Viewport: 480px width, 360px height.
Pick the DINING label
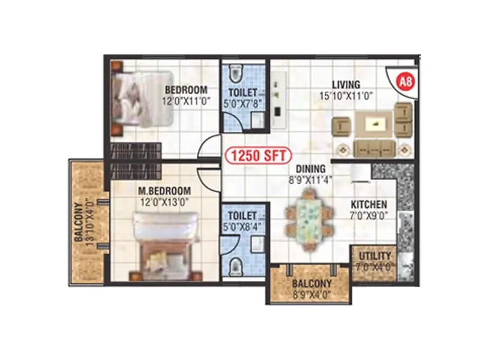[310, 169]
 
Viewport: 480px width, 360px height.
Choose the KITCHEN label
[369, 204]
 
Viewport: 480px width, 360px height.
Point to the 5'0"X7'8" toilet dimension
[243, 103]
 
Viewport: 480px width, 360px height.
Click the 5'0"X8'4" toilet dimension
[243, 226]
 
